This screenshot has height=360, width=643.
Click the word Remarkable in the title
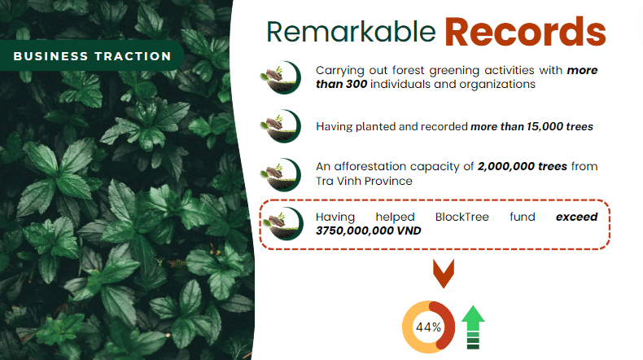point(351,32)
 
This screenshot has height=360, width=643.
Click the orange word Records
point(525,32)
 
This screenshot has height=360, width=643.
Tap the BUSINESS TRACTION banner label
point(92,56)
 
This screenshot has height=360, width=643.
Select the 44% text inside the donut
point(428,327)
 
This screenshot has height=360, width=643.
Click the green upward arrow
point(473,327)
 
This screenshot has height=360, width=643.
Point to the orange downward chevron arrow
point(444,273)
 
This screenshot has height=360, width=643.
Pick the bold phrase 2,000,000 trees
point(523,166)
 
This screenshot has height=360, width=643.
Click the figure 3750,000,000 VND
point(368,230)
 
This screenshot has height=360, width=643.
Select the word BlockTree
point(462,217)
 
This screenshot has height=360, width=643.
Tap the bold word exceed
point(576,217)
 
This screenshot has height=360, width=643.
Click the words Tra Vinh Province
point(364,181)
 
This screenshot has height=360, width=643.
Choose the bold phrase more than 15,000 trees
point(531,126)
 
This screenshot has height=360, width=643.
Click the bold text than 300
point(341,84)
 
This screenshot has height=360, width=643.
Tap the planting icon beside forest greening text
point(281,77)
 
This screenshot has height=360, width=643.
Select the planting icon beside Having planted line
point(281,126)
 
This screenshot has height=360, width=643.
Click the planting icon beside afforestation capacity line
point(281,175)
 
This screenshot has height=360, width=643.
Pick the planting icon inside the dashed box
point(283,224)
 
